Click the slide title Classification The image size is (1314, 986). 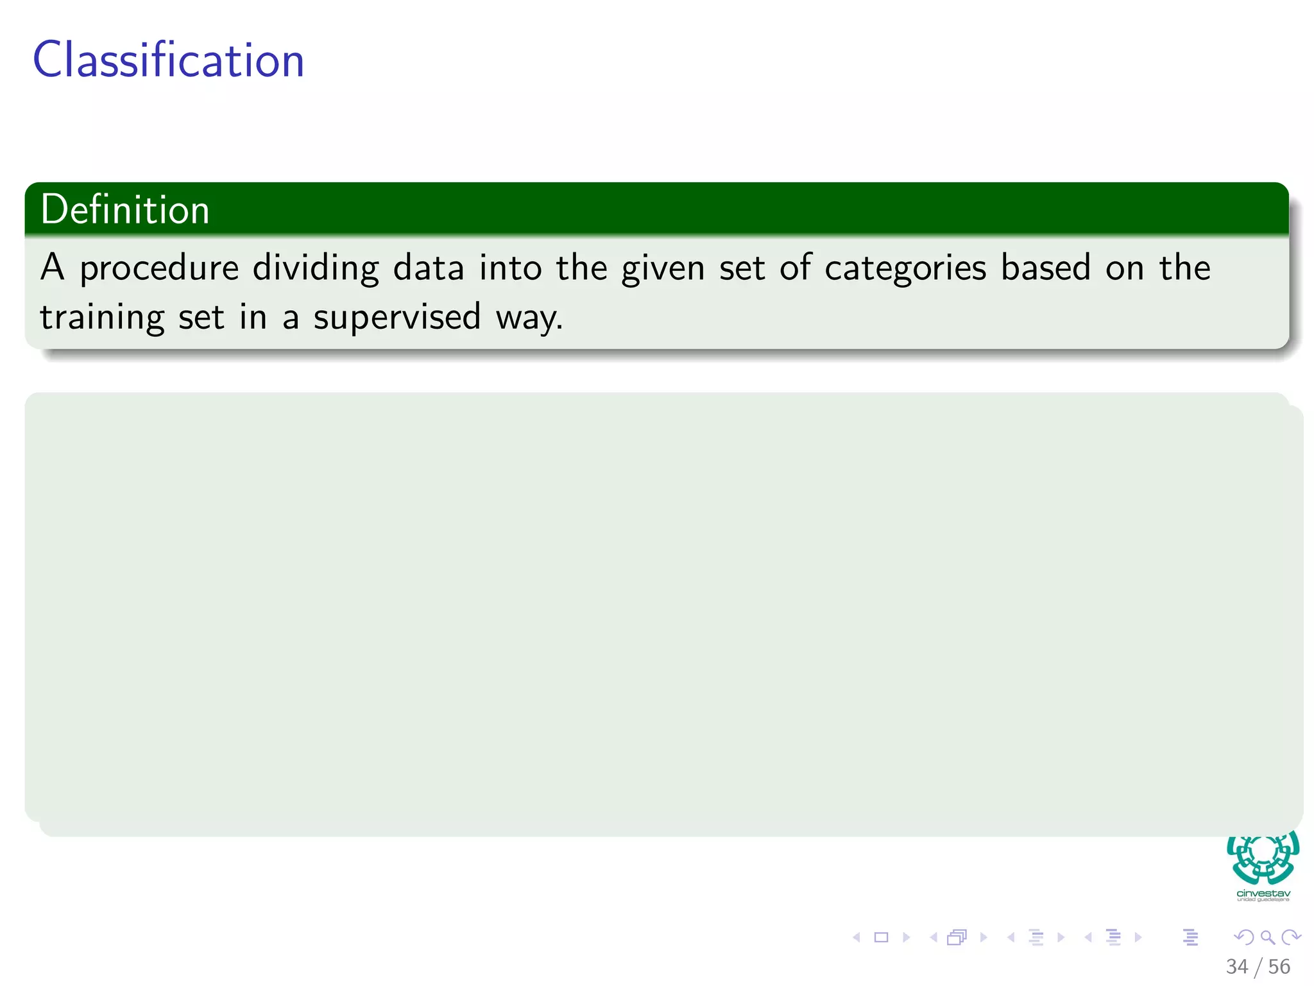coord(168,60)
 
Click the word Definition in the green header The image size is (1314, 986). coord(125,210)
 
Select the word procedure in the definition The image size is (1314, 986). coord(159,268)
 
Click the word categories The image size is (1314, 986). coord(905,268)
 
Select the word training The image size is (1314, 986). coord(102,318)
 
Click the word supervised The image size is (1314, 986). coord(397,318)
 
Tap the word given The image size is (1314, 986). coord(663,268)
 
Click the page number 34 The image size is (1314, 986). coord(1236,966)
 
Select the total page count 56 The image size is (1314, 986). coord(1279,966)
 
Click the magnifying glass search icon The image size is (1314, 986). coord(1267,937)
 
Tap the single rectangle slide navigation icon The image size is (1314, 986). coord(882,937)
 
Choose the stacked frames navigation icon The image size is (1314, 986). coord(957,937)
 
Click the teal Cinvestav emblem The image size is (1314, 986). coord(1263,857)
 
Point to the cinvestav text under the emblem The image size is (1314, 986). coord(1263,893)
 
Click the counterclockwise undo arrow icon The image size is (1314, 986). coord(1243,937)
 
